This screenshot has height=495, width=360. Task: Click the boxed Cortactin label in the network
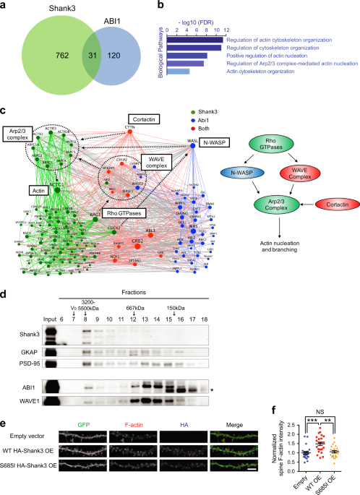tap(146, 117)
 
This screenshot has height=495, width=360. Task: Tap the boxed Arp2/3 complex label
tap(19, 134)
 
